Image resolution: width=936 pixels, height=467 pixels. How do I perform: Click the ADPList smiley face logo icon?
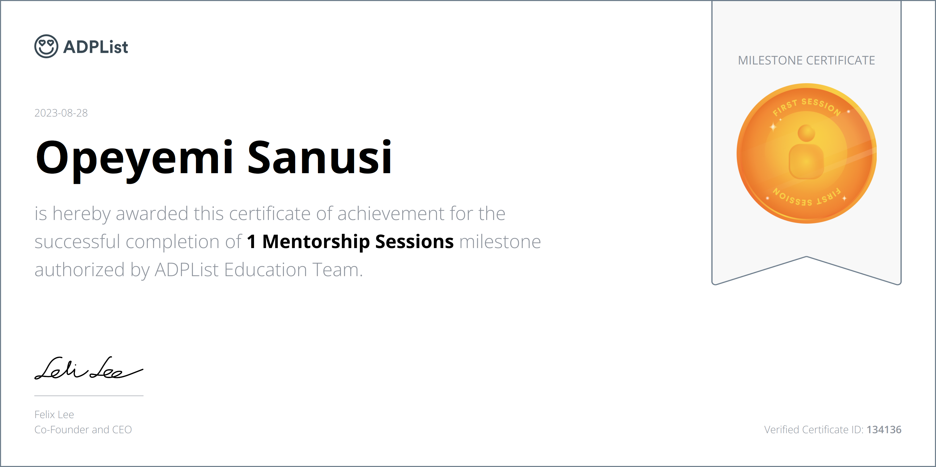46,46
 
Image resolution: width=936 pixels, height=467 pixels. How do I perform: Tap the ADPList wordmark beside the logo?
96,47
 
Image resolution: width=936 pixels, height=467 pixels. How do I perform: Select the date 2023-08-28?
61,113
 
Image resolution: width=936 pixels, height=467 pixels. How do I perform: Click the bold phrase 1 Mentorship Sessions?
350,242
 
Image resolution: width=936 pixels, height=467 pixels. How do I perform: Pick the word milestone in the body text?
500,242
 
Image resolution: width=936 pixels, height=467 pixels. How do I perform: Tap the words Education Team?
293,270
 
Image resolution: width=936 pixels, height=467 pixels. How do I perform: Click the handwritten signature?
89,368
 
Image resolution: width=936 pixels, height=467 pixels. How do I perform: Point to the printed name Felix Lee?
54,415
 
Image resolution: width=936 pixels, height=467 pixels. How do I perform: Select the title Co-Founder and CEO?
83,430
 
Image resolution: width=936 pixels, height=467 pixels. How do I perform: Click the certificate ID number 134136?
884,430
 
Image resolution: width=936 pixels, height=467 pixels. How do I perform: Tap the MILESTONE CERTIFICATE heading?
806,60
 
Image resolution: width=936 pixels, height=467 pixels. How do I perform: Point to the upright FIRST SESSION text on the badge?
807,107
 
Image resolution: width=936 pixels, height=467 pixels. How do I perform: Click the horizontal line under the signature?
89,395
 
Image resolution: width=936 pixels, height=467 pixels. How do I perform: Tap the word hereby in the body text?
81,214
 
